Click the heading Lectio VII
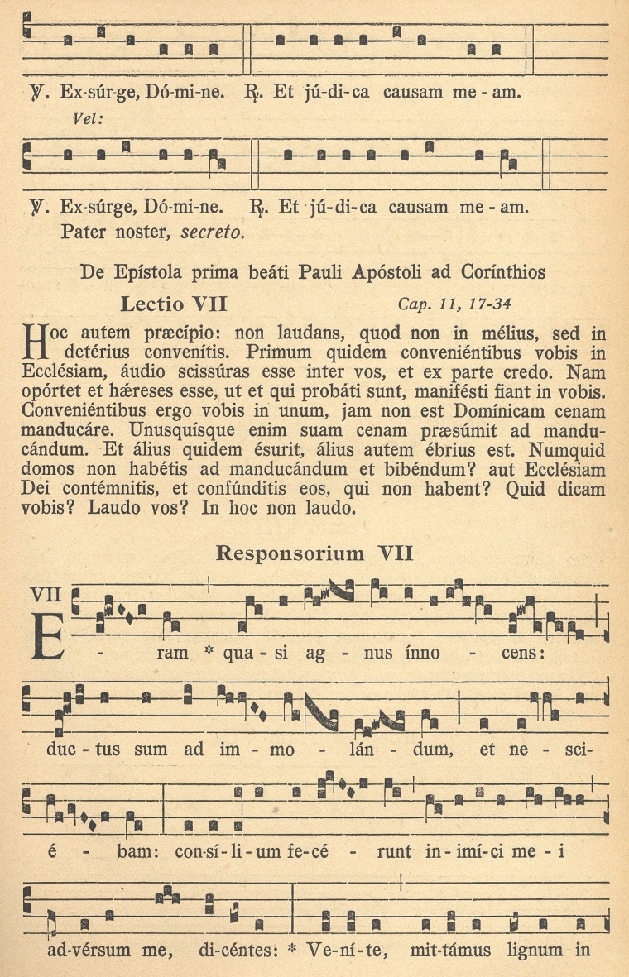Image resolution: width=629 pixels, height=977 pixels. pos(174,304)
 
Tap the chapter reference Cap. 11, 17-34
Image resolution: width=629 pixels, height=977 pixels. pos(454,304)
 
